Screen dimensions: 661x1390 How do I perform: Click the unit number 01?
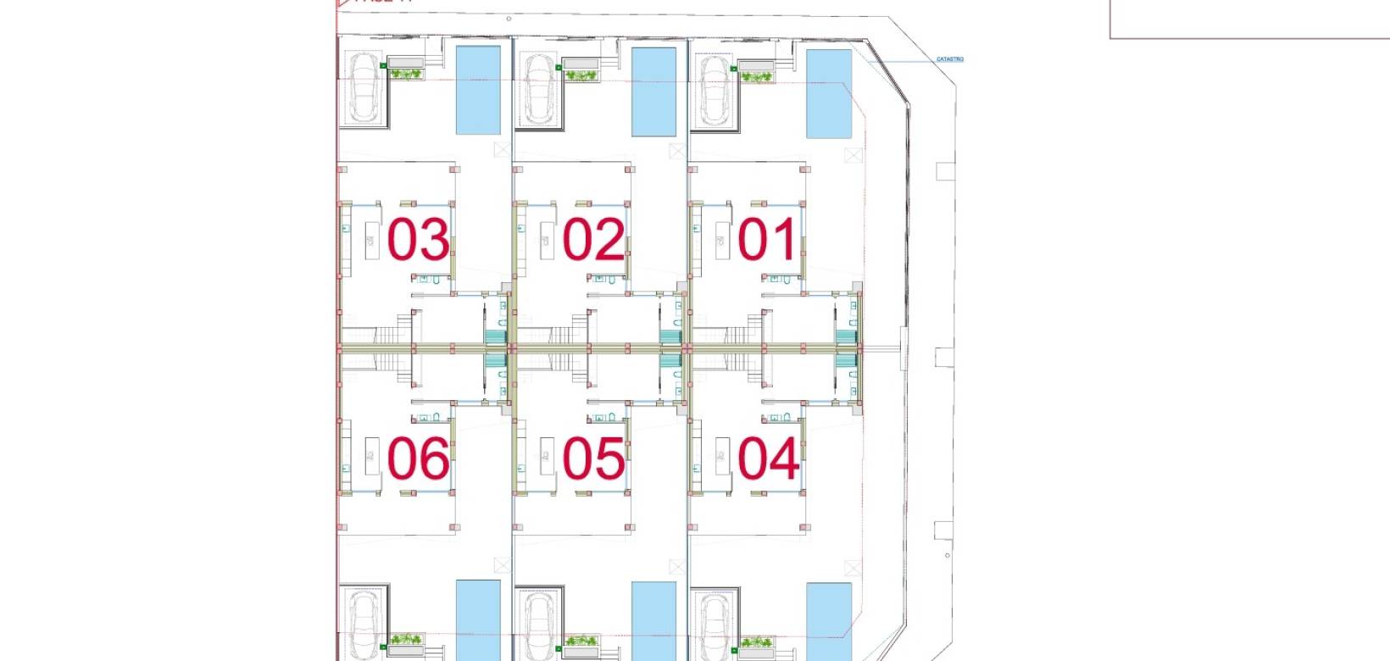pos(767,240)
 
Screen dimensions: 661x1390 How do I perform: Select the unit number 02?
pos(593,240)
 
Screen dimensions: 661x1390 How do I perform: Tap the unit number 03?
pos(418,240)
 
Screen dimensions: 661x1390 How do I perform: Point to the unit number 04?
pos(767,459)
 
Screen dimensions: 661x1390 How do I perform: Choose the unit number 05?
pos(593,459)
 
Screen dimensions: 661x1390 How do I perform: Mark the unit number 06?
pos(418,459)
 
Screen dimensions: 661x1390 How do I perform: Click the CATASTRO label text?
pos(950,59)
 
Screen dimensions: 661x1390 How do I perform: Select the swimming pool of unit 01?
pos(829,93)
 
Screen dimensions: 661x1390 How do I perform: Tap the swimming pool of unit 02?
pos(654,92)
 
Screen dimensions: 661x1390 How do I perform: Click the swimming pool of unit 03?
pos(479,90)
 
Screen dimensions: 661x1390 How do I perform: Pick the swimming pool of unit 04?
pos(829,620)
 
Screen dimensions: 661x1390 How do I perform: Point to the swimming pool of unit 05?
pos(654,620)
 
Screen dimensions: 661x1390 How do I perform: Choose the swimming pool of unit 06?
pos(479,620)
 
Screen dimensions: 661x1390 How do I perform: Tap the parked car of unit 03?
pos(365,87)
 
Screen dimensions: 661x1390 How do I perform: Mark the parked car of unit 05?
pos(540,625)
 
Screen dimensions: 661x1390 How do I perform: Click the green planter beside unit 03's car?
pos(407,75)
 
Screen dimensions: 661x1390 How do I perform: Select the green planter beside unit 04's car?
pos(757,643)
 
